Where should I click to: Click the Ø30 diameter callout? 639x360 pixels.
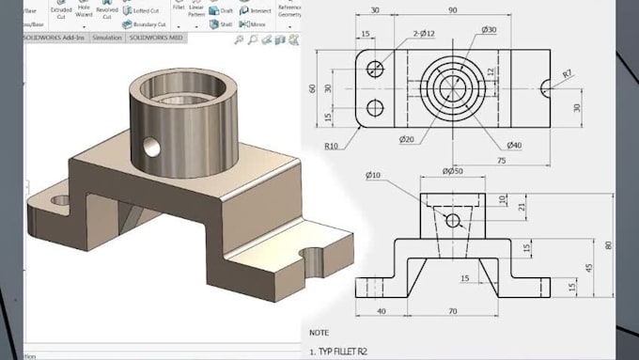489,30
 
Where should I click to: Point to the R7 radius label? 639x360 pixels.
568,73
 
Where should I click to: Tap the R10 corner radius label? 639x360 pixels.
332,146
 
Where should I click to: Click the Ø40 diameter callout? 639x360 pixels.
514,146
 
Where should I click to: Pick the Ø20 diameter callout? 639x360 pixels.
407,140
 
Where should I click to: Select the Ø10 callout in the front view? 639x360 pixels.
373,176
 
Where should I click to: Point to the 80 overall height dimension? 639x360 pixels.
609,245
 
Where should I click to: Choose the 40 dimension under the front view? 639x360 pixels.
381,311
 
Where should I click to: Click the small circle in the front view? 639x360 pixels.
452,220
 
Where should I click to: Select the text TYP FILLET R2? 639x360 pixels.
352,352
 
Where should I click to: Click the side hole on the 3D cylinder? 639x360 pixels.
149,146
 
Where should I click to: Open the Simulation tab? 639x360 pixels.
107,38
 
